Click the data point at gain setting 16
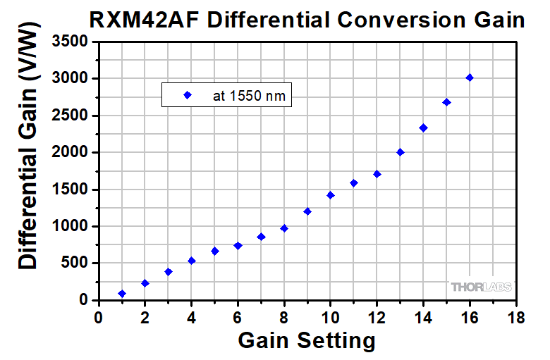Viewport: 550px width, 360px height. point(470,77)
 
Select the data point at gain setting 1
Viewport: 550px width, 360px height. point(122,293)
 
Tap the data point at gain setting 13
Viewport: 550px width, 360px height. point(400,152)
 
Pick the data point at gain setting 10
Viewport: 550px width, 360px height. point(331,195)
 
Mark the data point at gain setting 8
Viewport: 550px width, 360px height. point(284,228)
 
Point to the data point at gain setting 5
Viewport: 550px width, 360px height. point(215,251)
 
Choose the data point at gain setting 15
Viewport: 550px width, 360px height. point(446,102)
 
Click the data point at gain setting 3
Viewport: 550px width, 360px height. point(169,272)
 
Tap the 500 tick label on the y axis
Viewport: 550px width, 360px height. point(76,263)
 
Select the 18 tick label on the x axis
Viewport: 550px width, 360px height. point(516,317)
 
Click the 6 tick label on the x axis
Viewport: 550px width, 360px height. point(238,317)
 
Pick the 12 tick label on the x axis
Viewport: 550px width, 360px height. point(377,317)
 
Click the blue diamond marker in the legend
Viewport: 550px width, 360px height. point(187,95)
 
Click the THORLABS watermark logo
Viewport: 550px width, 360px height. point(482,287)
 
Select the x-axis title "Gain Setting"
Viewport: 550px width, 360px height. point(307,342)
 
